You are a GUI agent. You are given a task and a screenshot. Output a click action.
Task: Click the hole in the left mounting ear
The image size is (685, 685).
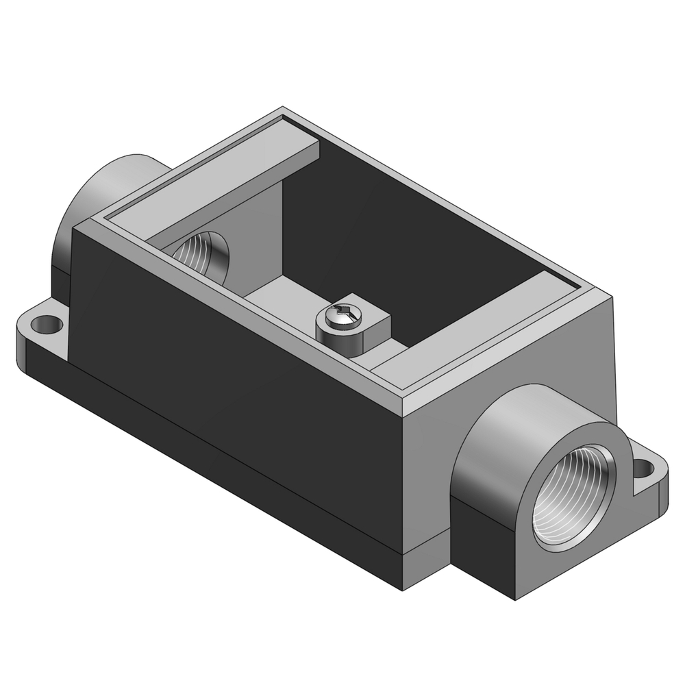(47, 321)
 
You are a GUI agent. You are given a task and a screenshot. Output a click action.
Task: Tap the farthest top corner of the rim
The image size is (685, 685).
(283, 109)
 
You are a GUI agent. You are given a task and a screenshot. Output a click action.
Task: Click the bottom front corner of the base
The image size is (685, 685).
(406, 589)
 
